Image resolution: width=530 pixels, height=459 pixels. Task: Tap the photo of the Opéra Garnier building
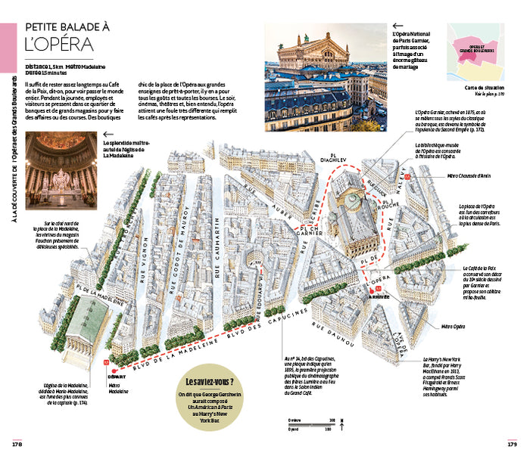point(323,66)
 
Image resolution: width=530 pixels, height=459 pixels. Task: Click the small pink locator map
point(475,51)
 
